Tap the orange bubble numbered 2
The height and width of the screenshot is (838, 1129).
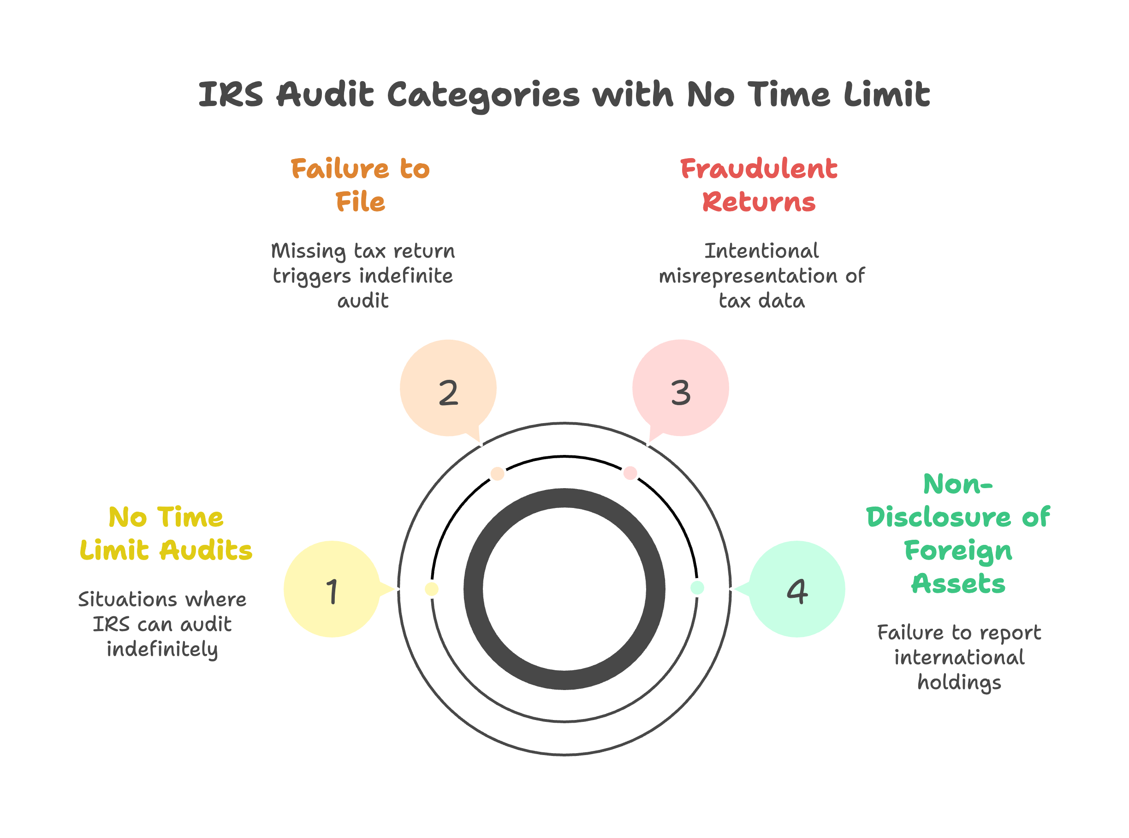[x=448, y=388]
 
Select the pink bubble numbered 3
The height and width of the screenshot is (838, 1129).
[x=680, y=388]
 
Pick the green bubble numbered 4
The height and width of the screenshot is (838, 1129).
[x=796, y=589]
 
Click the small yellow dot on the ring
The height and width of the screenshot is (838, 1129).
[x=431, y=589]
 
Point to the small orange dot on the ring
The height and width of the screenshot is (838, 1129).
[x=497, y=474]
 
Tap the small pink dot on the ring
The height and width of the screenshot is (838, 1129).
[x=630, y=473]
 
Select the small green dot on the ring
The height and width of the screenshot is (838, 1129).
[x=697, y=588]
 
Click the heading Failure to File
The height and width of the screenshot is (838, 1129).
[x=360, y=185]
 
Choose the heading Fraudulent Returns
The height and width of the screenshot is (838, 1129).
[x=759, y=185]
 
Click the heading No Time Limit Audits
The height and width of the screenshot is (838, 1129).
[x=166, y=534]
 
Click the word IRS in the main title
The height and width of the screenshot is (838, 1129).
[x=231, y=95]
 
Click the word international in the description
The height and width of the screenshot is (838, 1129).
[x=959, y=658]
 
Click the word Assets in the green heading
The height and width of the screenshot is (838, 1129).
[x=958, y=584]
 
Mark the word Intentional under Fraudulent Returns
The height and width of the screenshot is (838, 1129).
[x=761, y=251]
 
